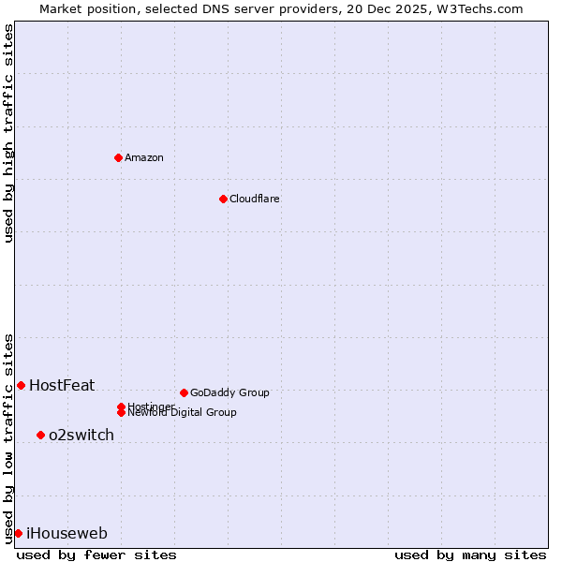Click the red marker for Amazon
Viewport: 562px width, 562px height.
coord(118,157)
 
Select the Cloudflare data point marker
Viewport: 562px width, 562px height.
coord(223,199)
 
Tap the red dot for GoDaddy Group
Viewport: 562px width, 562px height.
coord(184,392)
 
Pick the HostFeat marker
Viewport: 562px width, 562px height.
coord(21,385)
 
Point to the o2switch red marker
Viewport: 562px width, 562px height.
coord(40,435)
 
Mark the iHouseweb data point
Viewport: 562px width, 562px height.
coord(18,533)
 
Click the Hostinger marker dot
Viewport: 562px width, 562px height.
coord(121,407)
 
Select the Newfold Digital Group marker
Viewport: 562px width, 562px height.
coord(121,412)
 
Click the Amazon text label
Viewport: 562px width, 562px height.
coord(144,157)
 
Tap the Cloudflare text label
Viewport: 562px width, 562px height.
coord(255,199)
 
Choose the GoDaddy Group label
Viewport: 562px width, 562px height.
coord(229,392)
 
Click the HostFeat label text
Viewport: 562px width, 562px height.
coord(62,385)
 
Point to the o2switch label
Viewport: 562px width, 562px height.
coord(81,435)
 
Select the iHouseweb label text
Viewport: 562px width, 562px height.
coord(67,533)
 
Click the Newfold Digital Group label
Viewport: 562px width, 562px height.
coord(183,413)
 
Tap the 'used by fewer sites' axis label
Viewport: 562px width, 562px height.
coord(96,555)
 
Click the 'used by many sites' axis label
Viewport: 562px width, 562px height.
coord(470,555)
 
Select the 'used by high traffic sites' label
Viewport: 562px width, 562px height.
coord(8,133)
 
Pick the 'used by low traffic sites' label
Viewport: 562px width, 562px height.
coord(8,437)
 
